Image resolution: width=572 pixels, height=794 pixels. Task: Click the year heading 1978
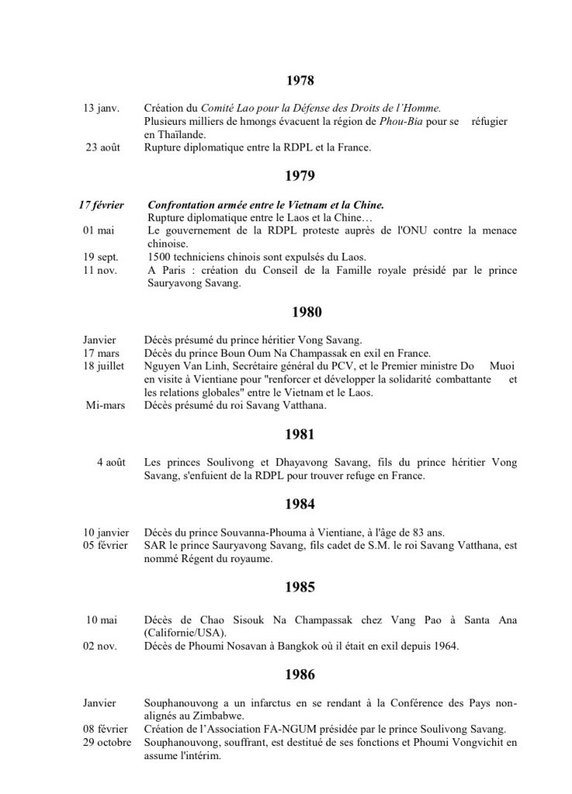click(300, 80)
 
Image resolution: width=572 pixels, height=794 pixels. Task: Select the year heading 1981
click(300, 434)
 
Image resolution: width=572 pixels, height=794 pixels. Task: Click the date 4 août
click(111, 462)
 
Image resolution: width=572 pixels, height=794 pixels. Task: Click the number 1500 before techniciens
click(157, 256)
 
